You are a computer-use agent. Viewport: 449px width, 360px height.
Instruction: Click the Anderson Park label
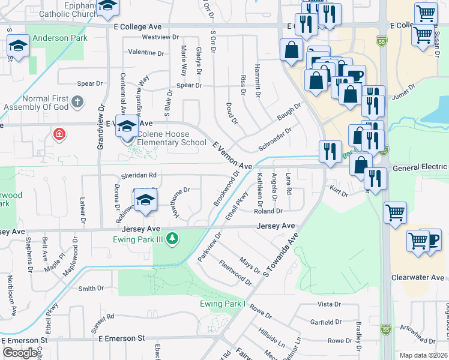pos(60,38)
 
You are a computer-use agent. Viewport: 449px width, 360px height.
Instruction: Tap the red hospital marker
pos(59,134)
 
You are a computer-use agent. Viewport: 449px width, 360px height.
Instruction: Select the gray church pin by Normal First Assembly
pos(76,102)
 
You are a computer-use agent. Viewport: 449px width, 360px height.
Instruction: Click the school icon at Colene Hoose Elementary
pos(127,127)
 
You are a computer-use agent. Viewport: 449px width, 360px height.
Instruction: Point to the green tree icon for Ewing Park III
pos(172,239)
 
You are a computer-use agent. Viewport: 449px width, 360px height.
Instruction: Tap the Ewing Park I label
pos(223,304)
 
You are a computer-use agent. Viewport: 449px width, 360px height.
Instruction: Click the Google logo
pos(20,353)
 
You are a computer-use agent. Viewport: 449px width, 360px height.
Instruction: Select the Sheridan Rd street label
pos(139,175)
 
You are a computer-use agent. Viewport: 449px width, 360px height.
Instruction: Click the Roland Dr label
pos(268,211)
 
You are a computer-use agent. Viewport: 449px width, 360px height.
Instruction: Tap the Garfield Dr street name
pos(325,322)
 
